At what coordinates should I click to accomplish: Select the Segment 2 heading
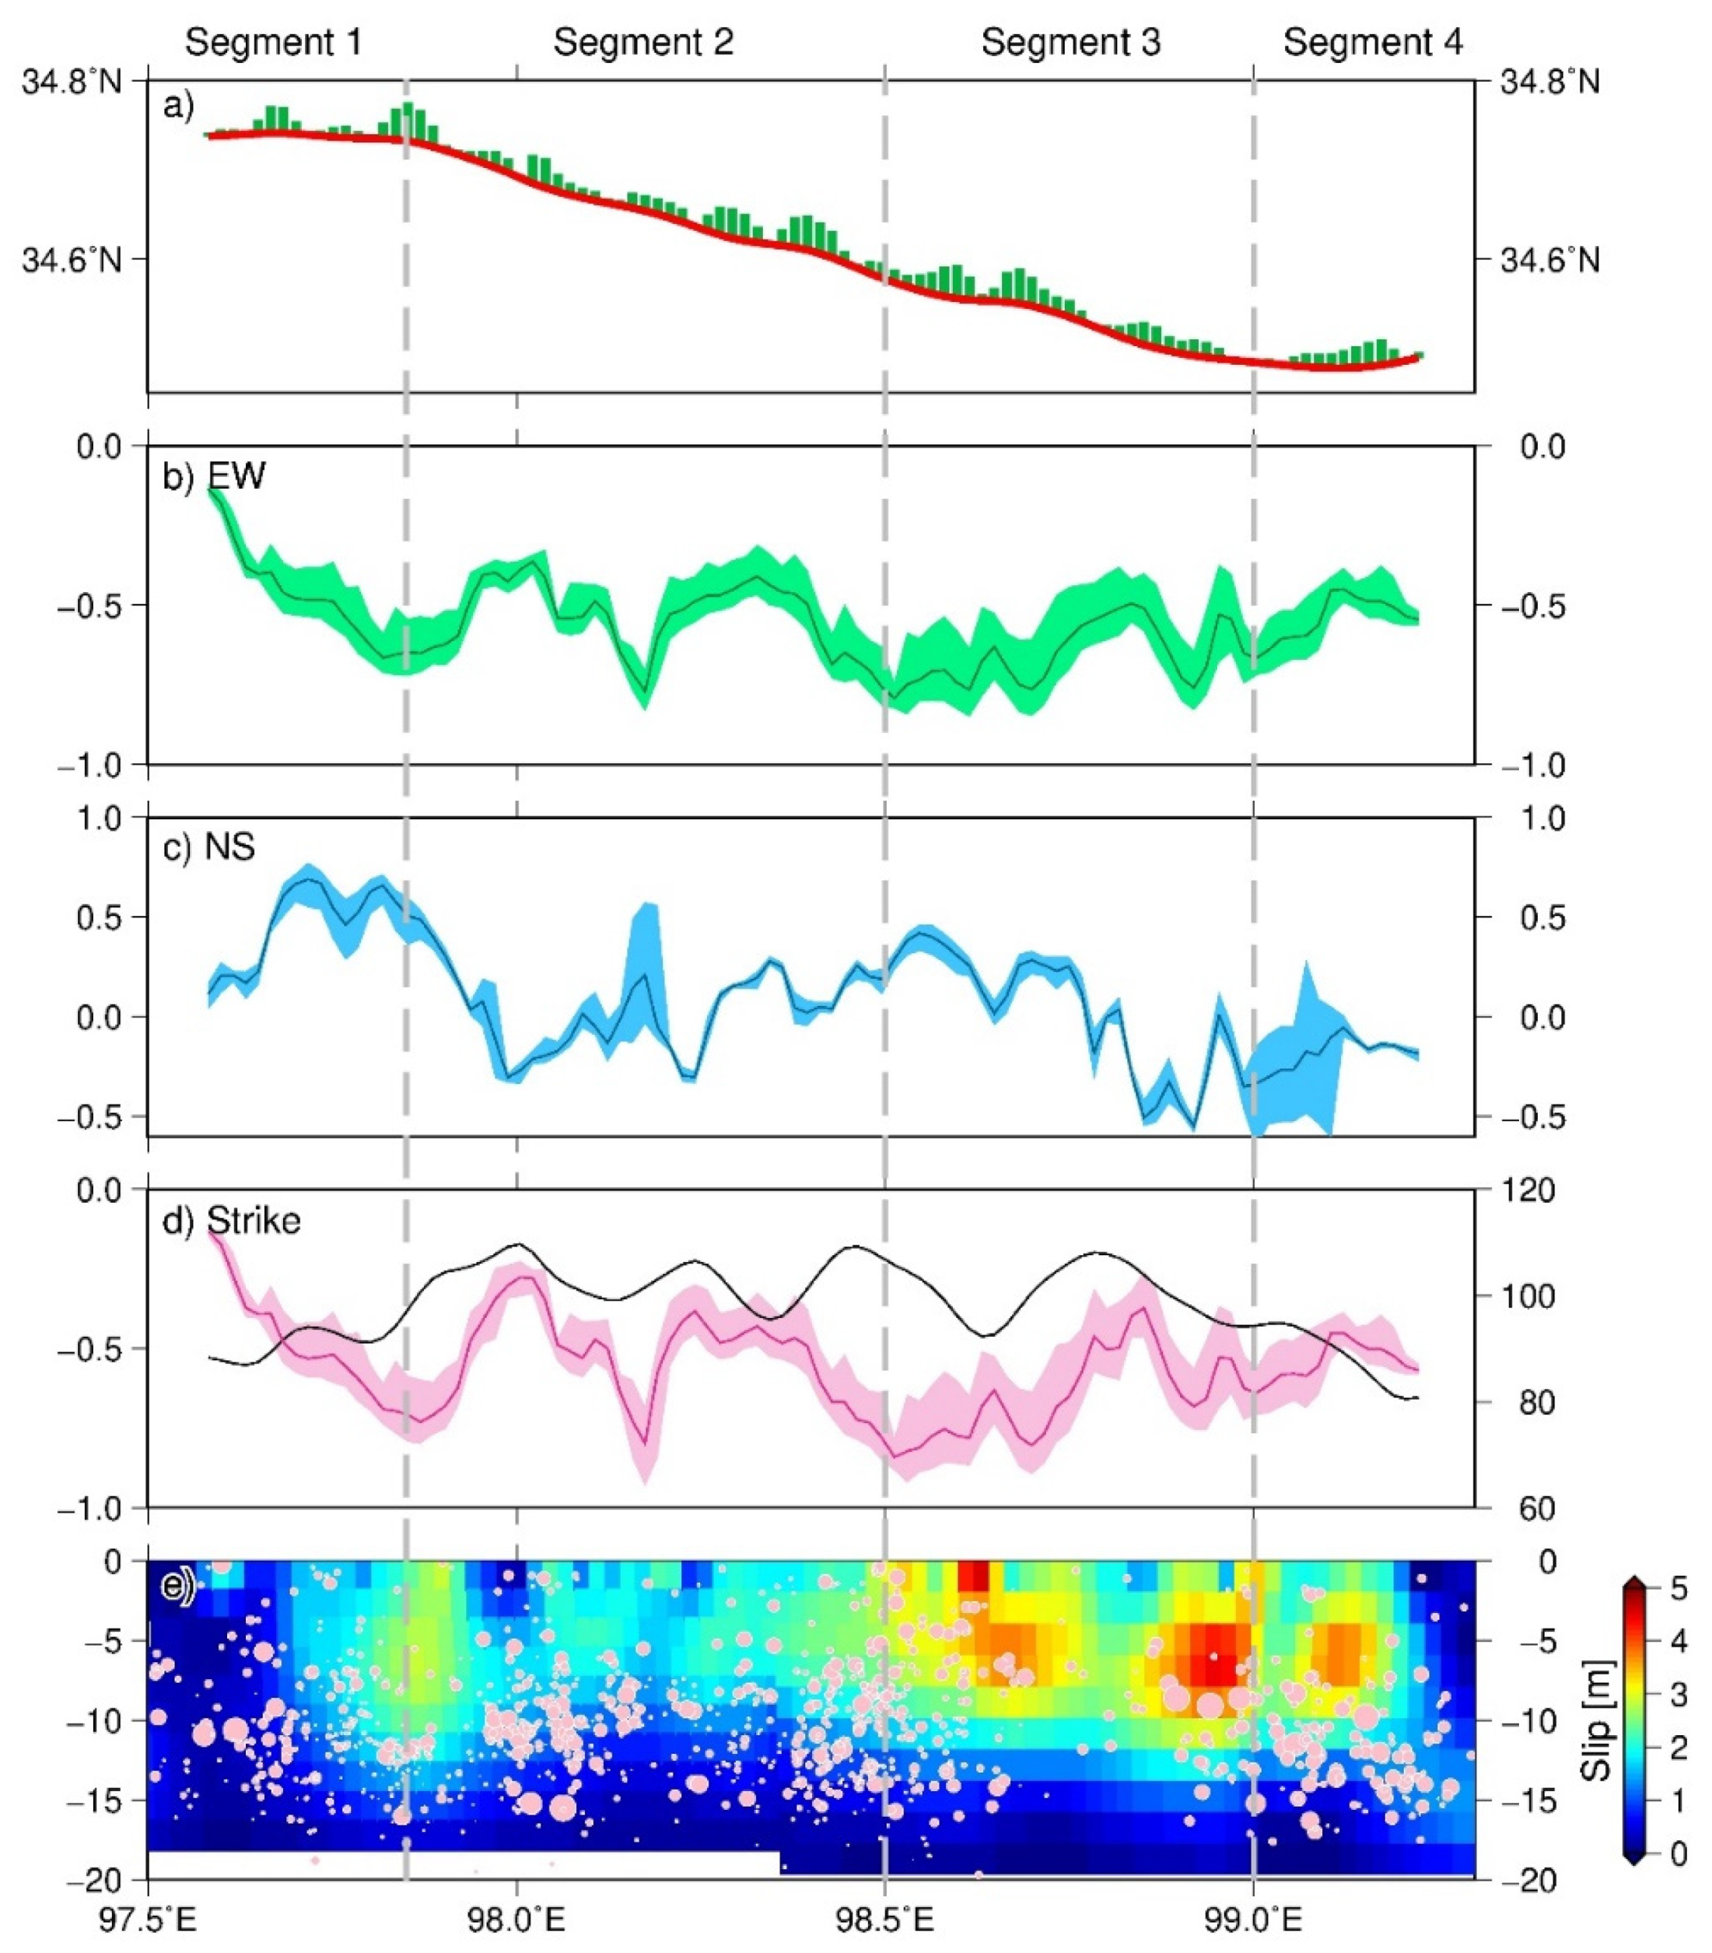(643, 43)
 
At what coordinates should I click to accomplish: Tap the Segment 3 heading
(1071, 43)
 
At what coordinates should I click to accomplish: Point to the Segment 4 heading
(1373, 43)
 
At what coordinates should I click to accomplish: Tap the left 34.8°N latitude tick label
(72, 82)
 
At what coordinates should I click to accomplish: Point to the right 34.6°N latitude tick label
(1549, 260)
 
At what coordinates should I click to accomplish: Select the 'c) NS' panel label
(208, 847)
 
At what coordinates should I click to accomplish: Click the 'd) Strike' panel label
(231, 1221)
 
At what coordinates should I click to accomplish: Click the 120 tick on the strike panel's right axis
(1528, 1190)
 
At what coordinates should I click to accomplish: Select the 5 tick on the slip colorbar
(1679, 1589)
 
